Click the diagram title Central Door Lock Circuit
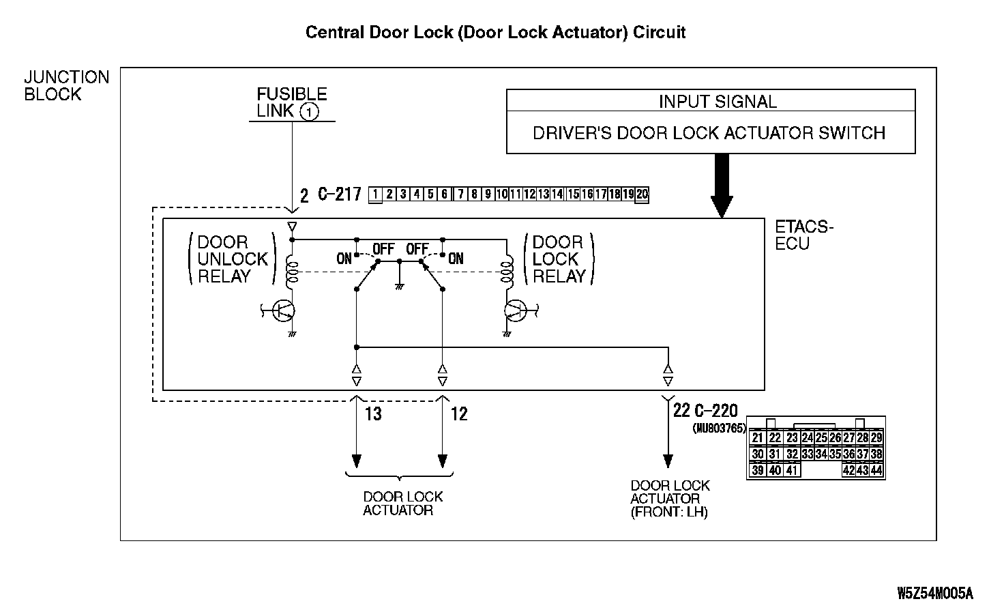(495, 32)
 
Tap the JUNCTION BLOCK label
(66, 86)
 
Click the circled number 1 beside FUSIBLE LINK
(310, 112)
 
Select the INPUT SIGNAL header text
(718, 102)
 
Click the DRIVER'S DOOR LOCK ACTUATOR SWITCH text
(709, 132)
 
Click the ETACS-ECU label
(805, 235)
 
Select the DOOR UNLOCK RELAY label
(232, 259)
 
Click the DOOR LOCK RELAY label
(559, 259)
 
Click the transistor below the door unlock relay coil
(283, 311)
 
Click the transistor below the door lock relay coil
(515, 311)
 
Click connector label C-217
(339, 195)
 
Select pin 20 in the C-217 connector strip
(642, 194)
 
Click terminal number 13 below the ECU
(373, 413)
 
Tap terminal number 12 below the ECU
(459, 413)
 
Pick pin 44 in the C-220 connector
(876, 470)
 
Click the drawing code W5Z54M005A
(934, 592)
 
